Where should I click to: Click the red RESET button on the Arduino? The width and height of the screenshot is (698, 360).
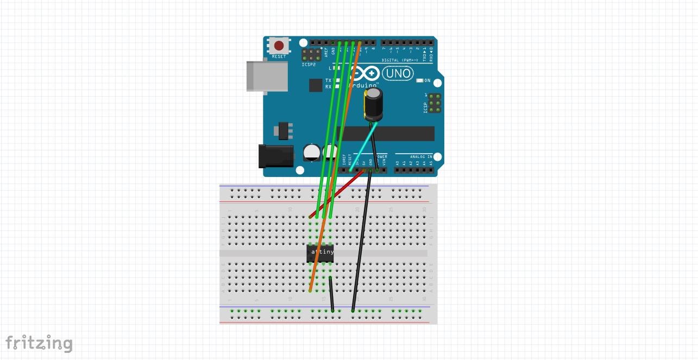click(279, 46)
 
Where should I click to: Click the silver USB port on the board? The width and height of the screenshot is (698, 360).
click(267, 75)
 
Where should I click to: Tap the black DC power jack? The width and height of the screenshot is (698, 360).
click(276, 156)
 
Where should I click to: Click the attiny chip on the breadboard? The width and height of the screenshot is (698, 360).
click(320, 252)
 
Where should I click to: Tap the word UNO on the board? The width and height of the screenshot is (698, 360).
click(398, 73)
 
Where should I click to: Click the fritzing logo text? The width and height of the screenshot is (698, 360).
click(39, 343)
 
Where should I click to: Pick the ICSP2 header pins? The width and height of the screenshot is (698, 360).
click(311, 54)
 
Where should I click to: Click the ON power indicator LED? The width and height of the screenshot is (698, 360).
click(419, 80)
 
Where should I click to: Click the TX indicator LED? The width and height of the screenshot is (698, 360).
click(337, 80)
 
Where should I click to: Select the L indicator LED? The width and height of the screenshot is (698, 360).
click(337, 68)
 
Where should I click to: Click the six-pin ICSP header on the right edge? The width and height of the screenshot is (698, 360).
click(434, 103)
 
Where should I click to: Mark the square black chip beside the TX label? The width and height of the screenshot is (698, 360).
click(315, 85)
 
